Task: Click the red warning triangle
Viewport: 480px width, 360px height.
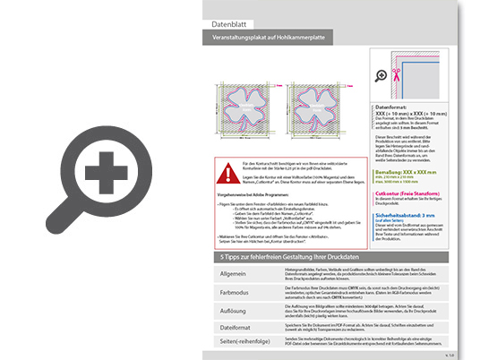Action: pyautogui.click(x=223, y=171)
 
